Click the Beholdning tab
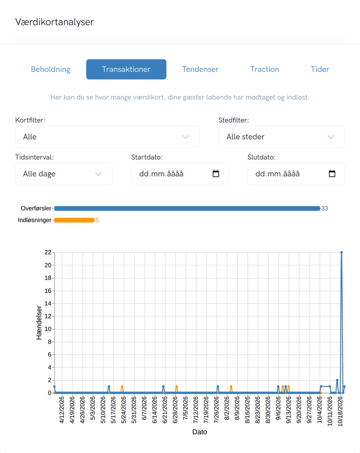(50, 69)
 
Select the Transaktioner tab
(126, 69)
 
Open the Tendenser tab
(200, 69)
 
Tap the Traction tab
(265, 69)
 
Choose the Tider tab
(320, 69)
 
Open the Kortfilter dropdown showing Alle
(107, 137)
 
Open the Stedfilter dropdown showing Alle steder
(281, 137)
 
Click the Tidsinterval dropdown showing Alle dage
(63, 174)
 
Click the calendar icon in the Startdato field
(216, 174)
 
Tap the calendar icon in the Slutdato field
(332, 174)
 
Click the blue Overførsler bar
(187, 208)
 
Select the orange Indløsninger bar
(74, 220)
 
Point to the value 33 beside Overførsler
(324, 208)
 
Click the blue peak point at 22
(342, 252)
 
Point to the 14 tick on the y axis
(48, 303)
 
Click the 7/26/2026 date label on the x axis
(216, 410)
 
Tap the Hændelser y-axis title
(39, 323)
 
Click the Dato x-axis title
(200, 432)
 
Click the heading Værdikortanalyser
(54, 22)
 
